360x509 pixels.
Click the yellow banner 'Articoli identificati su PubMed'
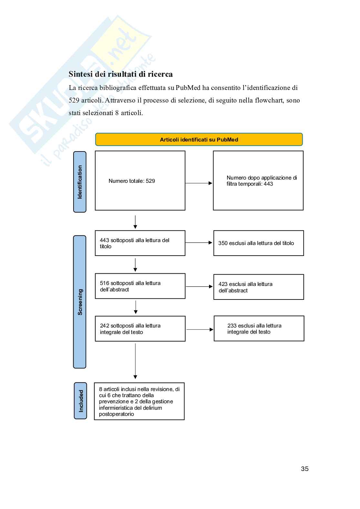click(x=199, y=140)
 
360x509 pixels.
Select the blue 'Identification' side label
click(x=80, y=182)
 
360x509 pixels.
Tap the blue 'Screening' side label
click(x=80, y=302)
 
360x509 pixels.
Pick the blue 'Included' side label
click(x=80, y=401)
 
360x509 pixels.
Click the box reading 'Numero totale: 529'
click(x=140, y=181)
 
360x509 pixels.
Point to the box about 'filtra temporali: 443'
click(x=258, y=181)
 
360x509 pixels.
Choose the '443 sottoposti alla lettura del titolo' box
click(x=140, y=243)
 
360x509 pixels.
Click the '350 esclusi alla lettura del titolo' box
click(x=258, y=243)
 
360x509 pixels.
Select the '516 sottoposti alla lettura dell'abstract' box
click(x=140, y=286)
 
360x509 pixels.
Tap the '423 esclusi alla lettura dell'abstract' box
click(x=258, y=287)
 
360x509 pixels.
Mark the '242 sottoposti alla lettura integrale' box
click(x=140, y=328)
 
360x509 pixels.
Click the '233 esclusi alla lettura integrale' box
click(x=259, y=328)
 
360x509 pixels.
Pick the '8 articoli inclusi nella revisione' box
click(x=139, y=401)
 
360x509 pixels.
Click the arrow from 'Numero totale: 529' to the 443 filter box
click(x=199, y=183)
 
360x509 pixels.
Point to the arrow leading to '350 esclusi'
click(x=199, y=243)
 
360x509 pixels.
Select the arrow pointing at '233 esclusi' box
click(x=200, y=329)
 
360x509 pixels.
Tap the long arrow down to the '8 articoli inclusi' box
click(x=135, y=361)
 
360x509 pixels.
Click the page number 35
click(x=305, y=469)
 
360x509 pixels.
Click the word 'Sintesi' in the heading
click(x=80, y=74)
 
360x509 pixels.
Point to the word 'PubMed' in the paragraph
click(x=188, y=88)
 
